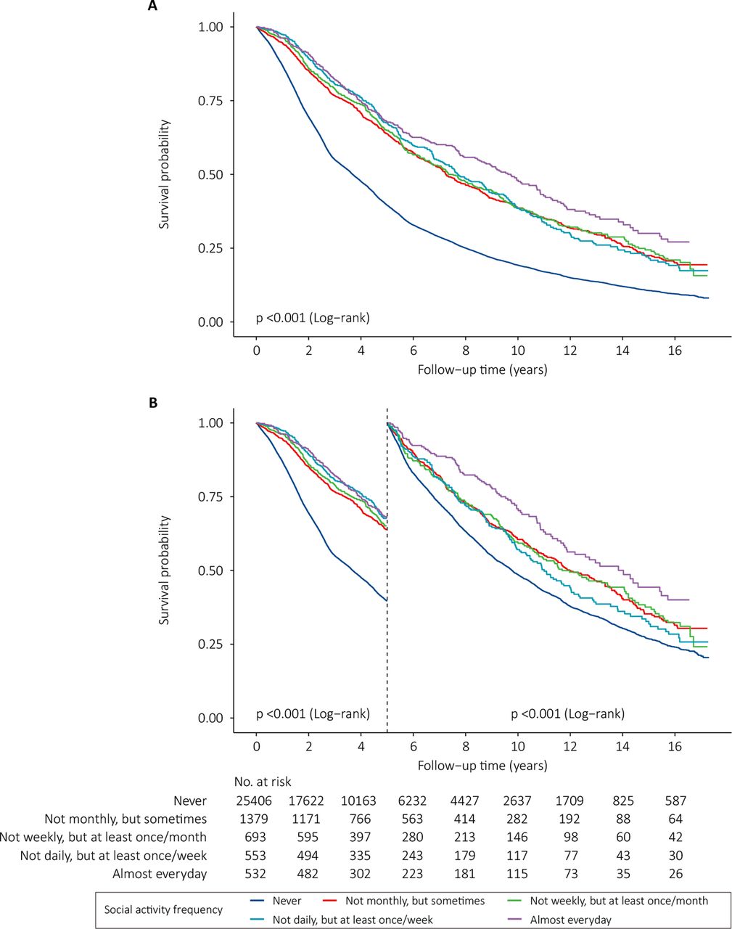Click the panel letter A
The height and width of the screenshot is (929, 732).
(x=153, y=6)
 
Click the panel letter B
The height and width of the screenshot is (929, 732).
(x=153, y=402)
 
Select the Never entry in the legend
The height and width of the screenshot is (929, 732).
(x=287, y=901)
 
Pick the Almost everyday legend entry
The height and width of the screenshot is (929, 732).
(x=570, y=920)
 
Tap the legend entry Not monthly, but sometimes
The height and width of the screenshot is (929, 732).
(x=415, y=901)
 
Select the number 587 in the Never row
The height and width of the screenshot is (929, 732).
(x=675, y=801)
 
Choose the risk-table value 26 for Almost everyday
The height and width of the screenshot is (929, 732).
(x=675, y=874)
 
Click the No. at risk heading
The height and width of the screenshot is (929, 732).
(x=262, y=782)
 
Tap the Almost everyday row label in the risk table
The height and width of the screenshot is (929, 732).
(x=160, y=874)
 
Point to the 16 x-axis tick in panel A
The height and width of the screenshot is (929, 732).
(x=675, y=350)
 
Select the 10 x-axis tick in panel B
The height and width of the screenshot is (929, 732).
(x=518, y=746)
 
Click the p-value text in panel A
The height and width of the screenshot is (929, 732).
(x=313, y=318)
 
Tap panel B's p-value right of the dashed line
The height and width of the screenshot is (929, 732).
(x=567, y=714)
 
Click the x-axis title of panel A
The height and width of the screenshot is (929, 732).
(x=482, y=370)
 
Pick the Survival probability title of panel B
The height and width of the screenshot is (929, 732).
(x=165, y=570)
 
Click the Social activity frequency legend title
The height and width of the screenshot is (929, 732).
(x=163, y=909)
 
